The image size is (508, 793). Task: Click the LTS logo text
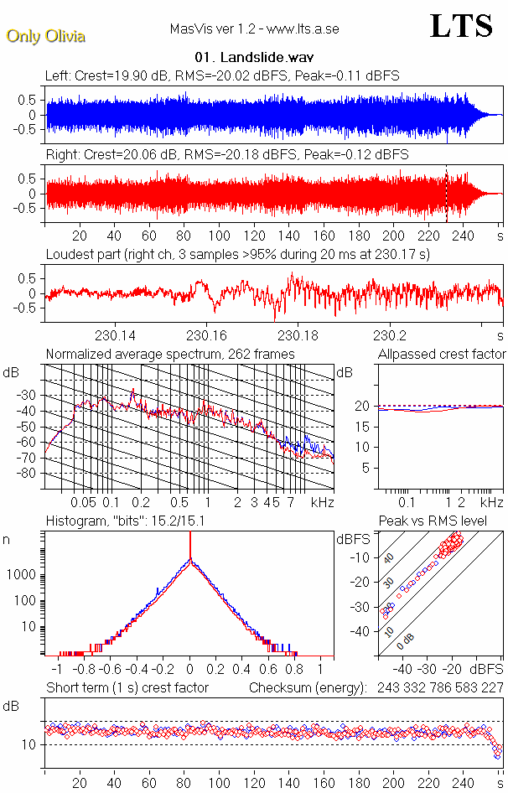460,27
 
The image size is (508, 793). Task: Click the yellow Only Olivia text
45,36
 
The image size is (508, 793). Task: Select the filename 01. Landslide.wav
253,58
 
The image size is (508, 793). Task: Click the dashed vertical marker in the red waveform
446,193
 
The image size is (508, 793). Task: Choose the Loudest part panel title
237,254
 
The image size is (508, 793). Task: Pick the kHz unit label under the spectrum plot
322,502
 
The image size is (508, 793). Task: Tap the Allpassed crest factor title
442,355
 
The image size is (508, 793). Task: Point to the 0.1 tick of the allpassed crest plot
409,502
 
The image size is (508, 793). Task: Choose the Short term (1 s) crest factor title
127,687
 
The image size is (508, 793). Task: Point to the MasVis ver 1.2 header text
254,29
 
